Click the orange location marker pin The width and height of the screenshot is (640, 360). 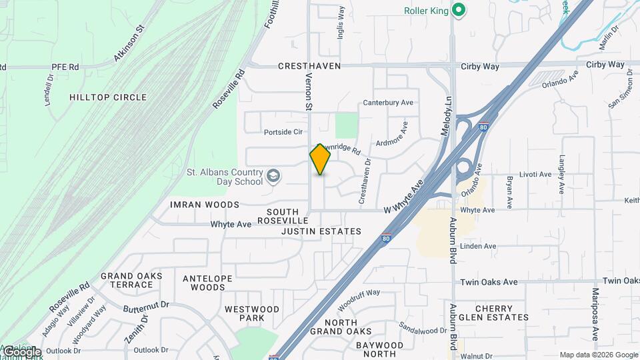click(320, 159)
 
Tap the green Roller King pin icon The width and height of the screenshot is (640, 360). click(458, 10)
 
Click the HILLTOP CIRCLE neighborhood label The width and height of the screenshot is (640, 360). click(108, 97)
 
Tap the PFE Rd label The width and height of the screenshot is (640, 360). click(65, 67)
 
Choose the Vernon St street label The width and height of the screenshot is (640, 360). click(309, 91)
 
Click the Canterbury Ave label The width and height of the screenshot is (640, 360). click(388, 103)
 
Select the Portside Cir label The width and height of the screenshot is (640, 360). click(283, 132)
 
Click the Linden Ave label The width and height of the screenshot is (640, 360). click(479, 246)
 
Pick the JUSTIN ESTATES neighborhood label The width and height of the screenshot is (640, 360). click(321, 231)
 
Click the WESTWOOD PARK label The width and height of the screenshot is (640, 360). click(252, 314)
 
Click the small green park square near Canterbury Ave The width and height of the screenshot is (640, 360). click(345, 125)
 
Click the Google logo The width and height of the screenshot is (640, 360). click(21, 351)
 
